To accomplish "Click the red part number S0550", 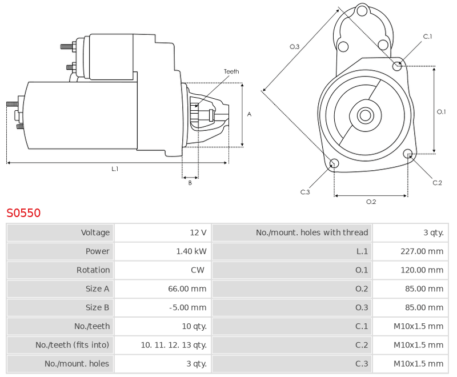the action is (x=23, y=212).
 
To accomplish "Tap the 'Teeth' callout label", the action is (x=231, y=71).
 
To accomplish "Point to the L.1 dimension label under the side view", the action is (x=115, y=169).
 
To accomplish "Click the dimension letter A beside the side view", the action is (x=249, y=114).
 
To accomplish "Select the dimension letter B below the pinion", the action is (x=190, y=183).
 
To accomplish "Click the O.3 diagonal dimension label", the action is (x=294, y=47).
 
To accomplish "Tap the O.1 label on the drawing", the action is (x=441, y=111).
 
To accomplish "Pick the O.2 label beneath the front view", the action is (x=371, y=202).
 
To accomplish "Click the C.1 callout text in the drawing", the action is (x=427, y=37).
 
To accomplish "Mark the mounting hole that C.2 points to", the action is (x=408, y=154).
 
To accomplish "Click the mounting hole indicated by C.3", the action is (x=334, y=163).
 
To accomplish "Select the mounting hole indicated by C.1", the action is (x=397, y=66).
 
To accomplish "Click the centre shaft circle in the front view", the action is (x=365, y=115).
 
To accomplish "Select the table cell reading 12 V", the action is (x=198, y=232).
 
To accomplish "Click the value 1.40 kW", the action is (x=191, y=251).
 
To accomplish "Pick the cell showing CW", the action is (x=198, y=270).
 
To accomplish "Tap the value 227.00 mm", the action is (x=422, y=251).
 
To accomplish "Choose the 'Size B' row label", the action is (x=97, y=307).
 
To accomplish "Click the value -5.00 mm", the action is (x=188, y=307).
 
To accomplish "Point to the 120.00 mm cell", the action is (x=422, y=270).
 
